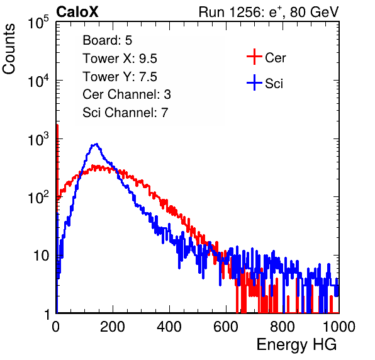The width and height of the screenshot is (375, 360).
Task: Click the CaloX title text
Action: coord(77,12)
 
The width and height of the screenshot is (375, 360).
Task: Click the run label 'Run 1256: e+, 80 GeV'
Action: coord(269,12)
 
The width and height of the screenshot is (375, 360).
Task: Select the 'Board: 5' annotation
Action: coord(107,40)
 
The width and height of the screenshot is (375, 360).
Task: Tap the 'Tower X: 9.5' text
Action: coord(120,59)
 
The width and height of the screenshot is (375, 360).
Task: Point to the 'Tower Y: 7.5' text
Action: coord(120,77)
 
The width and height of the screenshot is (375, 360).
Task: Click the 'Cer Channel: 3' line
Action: coord(126,94)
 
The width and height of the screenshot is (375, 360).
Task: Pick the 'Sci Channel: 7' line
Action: coord(125,113)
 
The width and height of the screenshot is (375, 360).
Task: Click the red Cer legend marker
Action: coord(254,57)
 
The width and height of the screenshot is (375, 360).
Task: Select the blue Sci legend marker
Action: coord(254,83)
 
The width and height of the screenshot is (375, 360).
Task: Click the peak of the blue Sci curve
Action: coord(96,143)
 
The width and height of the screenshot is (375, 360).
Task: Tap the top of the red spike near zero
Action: coord(57,125)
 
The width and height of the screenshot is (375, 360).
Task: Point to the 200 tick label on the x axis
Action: coord(113,327)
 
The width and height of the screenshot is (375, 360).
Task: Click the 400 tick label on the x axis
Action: coord(169,327)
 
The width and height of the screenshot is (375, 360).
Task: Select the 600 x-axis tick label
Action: coord(226,327)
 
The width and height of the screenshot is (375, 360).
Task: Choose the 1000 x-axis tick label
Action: coord(339,327)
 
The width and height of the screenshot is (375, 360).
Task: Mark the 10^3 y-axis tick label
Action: coord(38,139)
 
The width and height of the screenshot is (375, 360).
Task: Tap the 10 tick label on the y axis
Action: coord(41,256)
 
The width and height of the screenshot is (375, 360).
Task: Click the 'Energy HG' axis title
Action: coord(296,345)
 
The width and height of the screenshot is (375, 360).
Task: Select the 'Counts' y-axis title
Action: coord(9,49)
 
